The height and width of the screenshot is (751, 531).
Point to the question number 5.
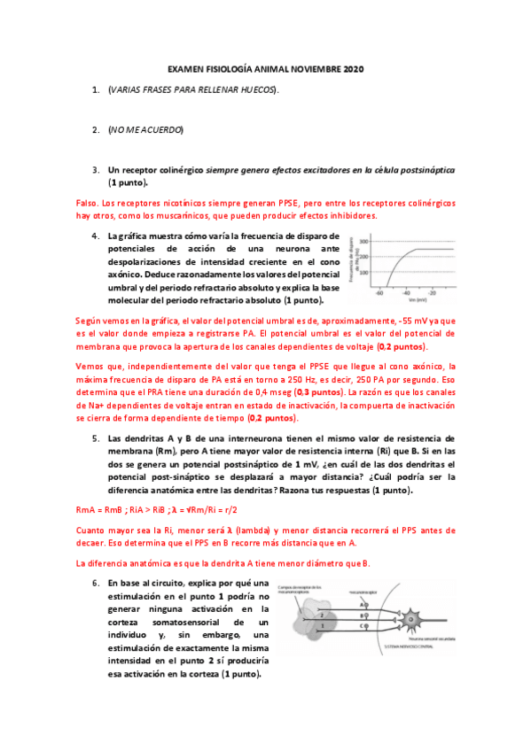click(96, 437)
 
